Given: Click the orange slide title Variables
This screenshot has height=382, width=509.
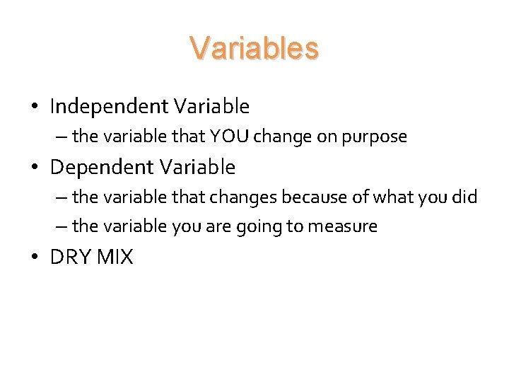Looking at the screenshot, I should click(x=254, y=49).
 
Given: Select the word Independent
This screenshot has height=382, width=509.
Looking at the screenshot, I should click(x=108, y=107).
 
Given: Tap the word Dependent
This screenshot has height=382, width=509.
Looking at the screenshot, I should click(x=101, y=168).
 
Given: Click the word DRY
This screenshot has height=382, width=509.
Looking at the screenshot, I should click(x=70, y=257).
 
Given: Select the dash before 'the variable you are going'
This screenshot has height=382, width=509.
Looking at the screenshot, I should click(x=62, y=227).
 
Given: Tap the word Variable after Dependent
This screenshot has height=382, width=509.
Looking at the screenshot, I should click(x=197, y=168).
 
